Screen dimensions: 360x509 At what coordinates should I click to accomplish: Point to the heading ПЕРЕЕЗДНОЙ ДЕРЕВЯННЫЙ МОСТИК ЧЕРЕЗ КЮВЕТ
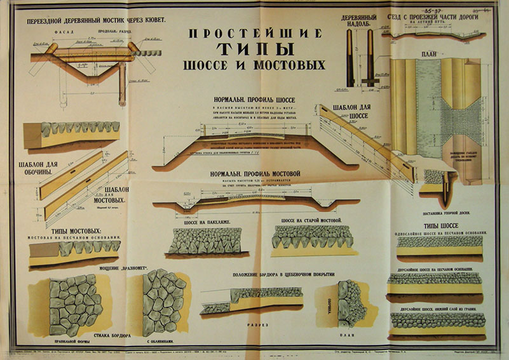pyautogui.click(x=95, y=20)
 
